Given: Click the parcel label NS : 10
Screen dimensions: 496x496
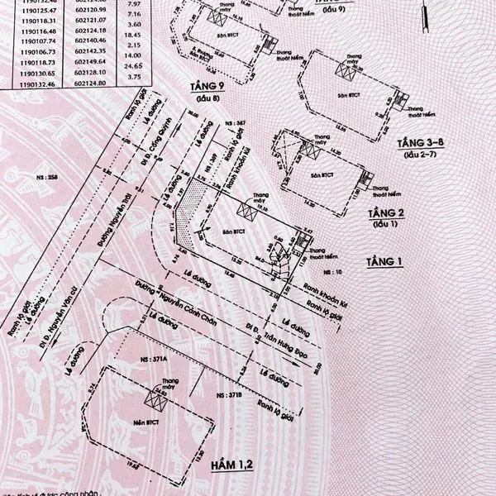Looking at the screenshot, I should click(x=357, y=272).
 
